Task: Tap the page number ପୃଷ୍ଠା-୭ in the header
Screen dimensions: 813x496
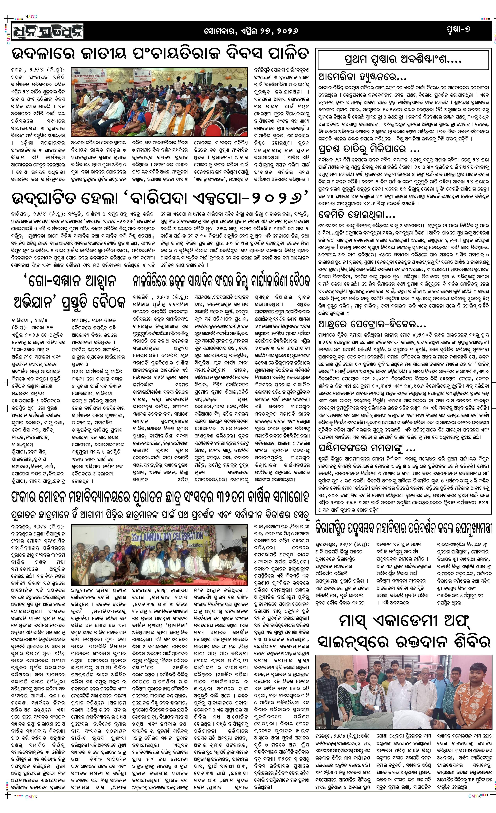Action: click(457, 30)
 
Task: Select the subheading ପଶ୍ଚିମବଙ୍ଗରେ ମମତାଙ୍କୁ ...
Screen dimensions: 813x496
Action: click(367, 448)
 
